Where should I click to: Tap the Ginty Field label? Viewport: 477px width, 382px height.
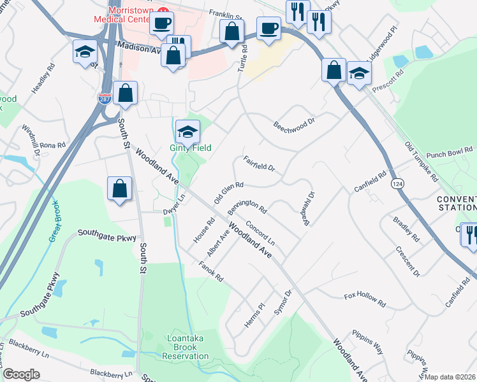[x=191, y=148]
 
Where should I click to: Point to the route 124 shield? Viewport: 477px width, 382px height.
[x=397, y=183]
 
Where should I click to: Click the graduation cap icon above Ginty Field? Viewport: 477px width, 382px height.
[x=187, y=131]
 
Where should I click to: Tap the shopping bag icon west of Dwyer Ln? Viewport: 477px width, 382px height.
[x=120, y=188]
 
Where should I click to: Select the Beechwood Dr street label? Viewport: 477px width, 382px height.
[x=295, y=120]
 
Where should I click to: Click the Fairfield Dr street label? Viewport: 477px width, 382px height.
[x=259, y=164]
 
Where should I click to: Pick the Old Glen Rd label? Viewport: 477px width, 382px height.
[x=229, y=192]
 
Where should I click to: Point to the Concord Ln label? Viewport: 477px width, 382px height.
[x=260, y=234]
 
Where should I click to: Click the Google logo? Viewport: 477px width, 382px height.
[x=21, y=374]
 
